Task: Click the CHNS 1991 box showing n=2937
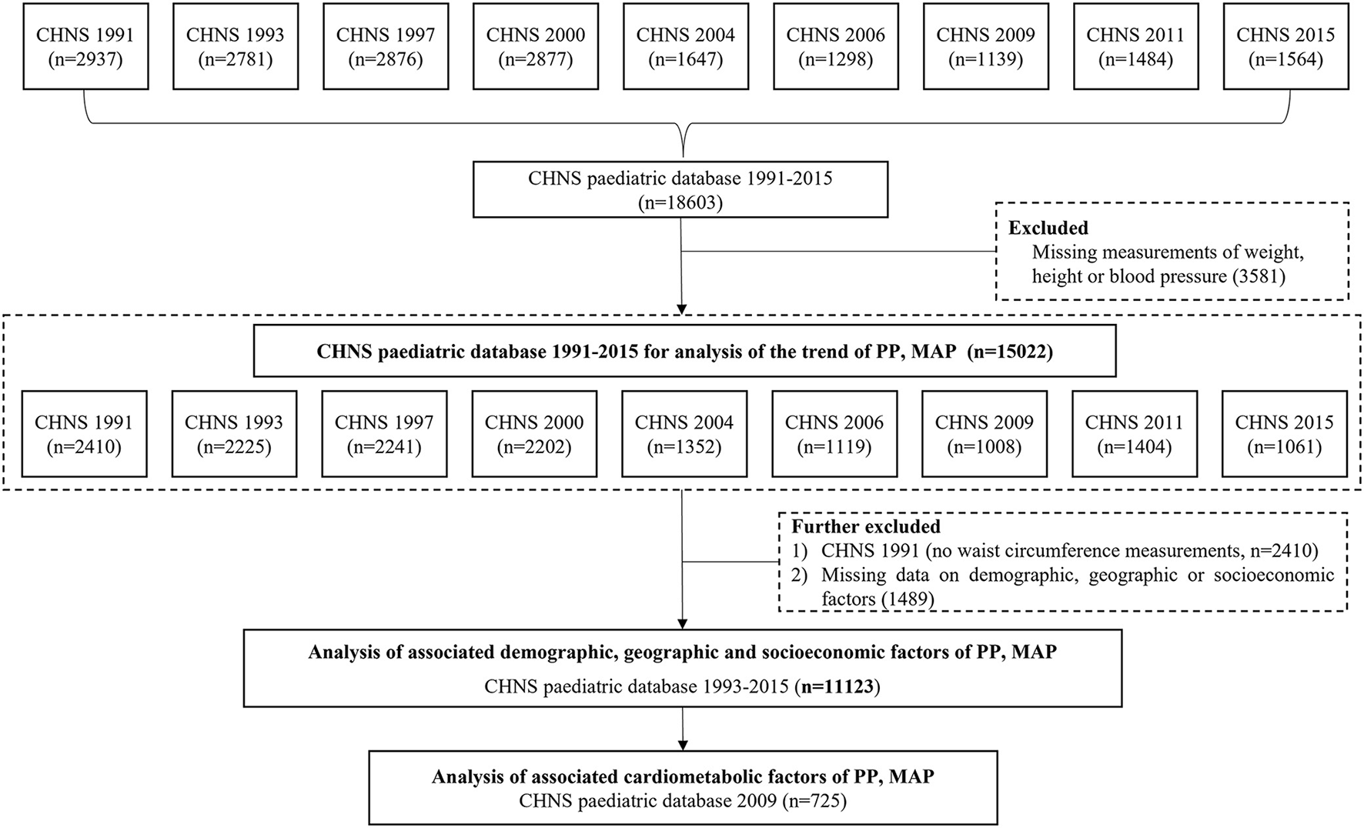(85, 47)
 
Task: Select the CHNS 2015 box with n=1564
(1285, 47)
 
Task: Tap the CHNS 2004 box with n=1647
(685, 47)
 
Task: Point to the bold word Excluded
(1048, 228)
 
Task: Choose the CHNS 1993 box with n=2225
(234, 434)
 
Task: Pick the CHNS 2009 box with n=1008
(984, 434)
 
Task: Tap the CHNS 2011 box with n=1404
(1134, 434)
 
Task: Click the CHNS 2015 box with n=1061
(1284, 434)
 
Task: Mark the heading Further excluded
(865, 527)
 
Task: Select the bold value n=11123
(837, 686)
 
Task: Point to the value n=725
(814, 801)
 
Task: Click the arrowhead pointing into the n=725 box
(682, 744)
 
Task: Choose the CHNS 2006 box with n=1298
(835, 47)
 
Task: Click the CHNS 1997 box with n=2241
(384, 434)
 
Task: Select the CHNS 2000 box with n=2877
(535, 47)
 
